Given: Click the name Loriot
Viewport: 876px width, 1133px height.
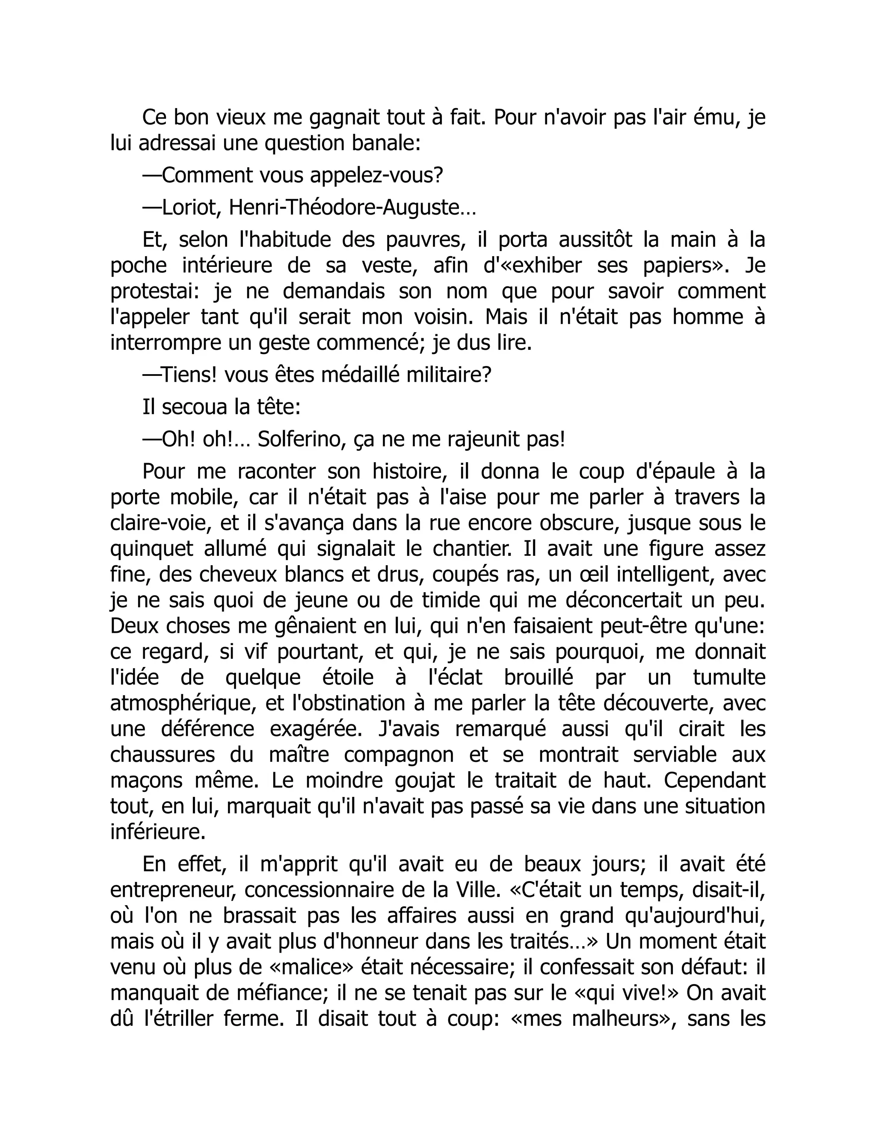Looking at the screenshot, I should pos(186,208).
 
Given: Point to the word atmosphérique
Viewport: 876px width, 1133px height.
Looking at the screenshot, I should pos(183,703).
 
